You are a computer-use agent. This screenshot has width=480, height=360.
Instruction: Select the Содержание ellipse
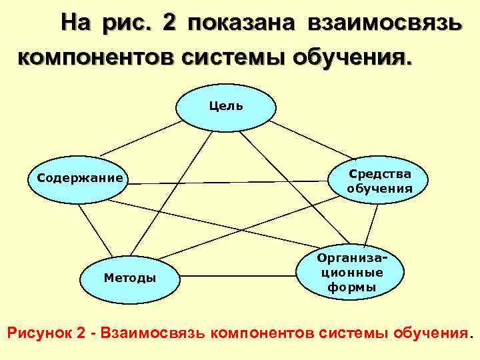(79, 179)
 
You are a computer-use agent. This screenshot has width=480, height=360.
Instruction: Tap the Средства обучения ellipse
(379, 181)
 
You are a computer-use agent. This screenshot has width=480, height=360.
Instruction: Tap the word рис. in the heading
(127, 24)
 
